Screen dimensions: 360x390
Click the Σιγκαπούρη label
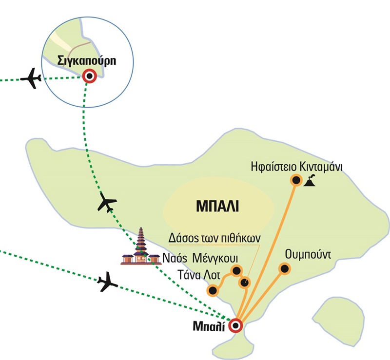[x=89, y=62]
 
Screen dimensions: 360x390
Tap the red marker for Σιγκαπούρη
[x=89, y=76]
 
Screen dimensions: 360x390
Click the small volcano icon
[x=310, y=181]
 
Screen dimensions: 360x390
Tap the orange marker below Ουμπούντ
[x=284, y=268]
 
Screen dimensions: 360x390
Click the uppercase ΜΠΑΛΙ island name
[x=218, y=205]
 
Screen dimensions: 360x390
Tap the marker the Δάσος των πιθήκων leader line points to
[x=245, y=283]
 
